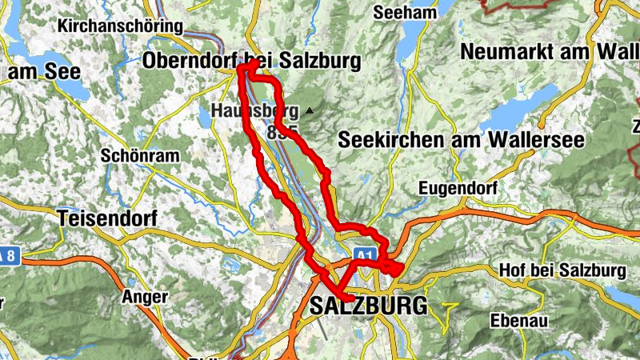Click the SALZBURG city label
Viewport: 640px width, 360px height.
click(x=368, y=305)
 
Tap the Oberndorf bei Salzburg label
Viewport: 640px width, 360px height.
click(x=251, y=61)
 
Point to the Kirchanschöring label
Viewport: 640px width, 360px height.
click(x=120, y=26)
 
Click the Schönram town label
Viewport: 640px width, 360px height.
click(x=140, y=156)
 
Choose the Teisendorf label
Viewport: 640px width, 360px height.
click(x=109, y=217)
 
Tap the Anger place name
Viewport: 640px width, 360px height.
click(x=145, y=297)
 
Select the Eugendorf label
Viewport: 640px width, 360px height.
click(x=458, y=189)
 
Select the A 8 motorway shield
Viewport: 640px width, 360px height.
click(x=7, y=255)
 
